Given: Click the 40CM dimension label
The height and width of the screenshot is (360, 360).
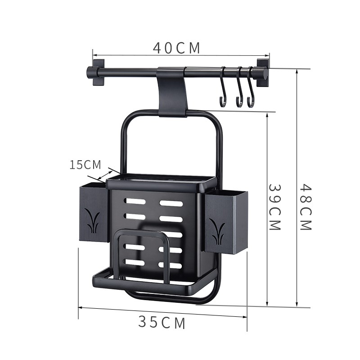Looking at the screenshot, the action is [176, 48].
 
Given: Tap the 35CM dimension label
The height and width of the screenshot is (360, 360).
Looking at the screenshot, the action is [162, 322].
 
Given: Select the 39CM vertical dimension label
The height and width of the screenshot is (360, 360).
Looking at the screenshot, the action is [275, 207].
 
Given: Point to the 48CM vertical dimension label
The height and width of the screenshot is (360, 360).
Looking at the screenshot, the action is [306, 207].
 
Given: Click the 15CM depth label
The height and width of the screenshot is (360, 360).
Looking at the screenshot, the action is [85, 165].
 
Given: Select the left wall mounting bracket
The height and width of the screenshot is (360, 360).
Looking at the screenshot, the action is [99, 72].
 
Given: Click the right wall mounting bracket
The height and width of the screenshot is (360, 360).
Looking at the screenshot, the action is [262, 72].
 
